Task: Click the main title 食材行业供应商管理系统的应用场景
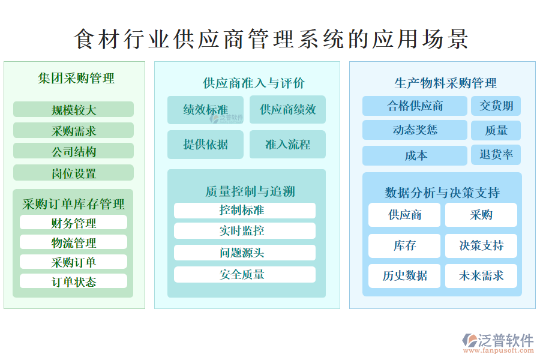pyautogui.click(x=271, y=38)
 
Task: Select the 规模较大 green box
pyautogui.click(x=73, y=109)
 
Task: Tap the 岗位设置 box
pyautogui.click(x=73, y=173)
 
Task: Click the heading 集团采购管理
pyautogui.click(x=76, y=78)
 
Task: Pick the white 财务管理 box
pyautogui.click(x=73, y=222)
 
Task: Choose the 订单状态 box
pyautogui.click(x=73, y=281)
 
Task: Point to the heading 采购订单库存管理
pyautogui.click(x=73, y=204)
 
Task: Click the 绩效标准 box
pyautogui.click(x=205, y=110)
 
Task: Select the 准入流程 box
pyautogui.click(x=287, y=145)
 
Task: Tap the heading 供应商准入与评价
pyautogui.click(x=254, y=83)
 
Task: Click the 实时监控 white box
pyautogui.click(x=245, y=231)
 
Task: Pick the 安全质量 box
pyautogui.click(x=245, y=275)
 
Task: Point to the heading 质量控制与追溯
pyautogui.click(x=250, y=191)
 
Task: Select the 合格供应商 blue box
pyautogui.click(x=415, y=106)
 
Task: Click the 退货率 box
pyautogui.click(x=496, y=155)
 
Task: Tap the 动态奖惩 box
pyautogui.click(x=415, y=130)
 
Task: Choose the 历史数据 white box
pyautogui.click(x=404, y=275)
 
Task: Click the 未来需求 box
pyautogui.click(x=481, y=275)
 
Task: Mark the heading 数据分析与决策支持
pyautogui.click(x=442, y=193)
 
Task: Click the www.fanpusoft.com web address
pyautogui.click(x=499, y=350)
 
